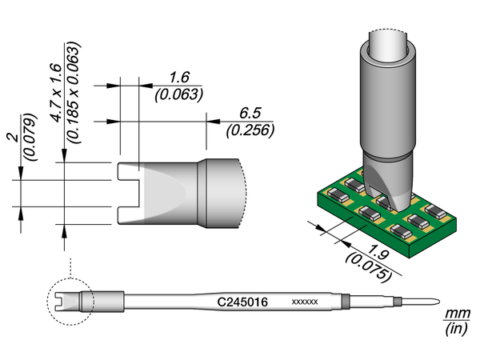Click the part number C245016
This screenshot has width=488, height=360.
tap(242, 302)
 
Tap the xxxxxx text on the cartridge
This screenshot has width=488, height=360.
tap(306, 302)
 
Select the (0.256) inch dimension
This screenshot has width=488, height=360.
tap(250, 130)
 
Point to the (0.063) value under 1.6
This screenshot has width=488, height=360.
tap(178, 94)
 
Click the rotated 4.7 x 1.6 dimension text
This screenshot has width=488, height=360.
tap(55, 93)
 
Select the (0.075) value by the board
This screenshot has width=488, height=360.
tap(370, 263)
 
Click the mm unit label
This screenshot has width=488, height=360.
tap(457, 313)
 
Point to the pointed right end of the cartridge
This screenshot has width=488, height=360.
tap(433, 302)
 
